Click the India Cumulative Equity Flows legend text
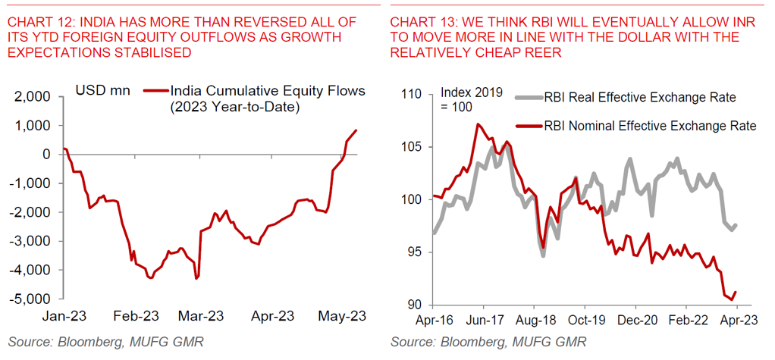tap(268, 91)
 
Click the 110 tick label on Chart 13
tap(413, 95)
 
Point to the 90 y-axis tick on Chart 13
tap(416, 305)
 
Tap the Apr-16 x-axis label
tap(433, 319)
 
